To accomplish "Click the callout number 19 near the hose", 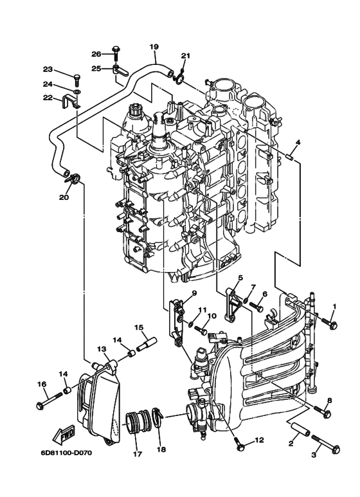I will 154,46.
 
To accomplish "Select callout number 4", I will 298,141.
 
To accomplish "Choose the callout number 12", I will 259,440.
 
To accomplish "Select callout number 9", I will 192,293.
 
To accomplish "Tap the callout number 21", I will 185,55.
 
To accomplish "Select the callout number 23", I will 48,69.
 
